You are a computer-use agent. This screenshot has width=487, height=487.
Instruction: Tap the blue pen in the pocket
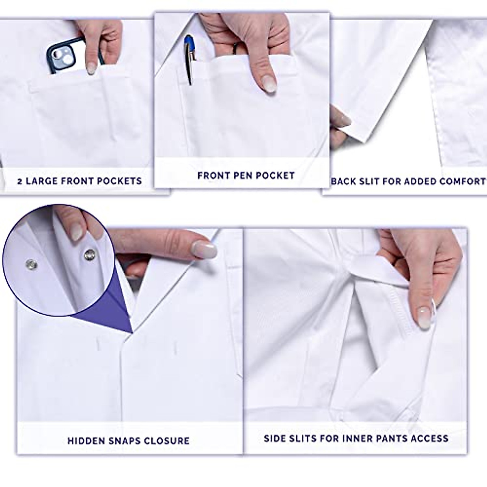[x=189, y=57]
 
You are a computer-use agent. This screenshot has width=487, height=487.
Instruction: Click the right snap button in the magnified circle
[x=88, y=255]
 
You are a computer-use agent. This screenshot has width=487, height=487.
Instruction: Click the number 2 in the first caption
[x=20, y=181]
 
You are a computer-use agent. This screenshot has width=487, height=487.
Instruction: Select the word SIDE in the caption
[x=276, y=438]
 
